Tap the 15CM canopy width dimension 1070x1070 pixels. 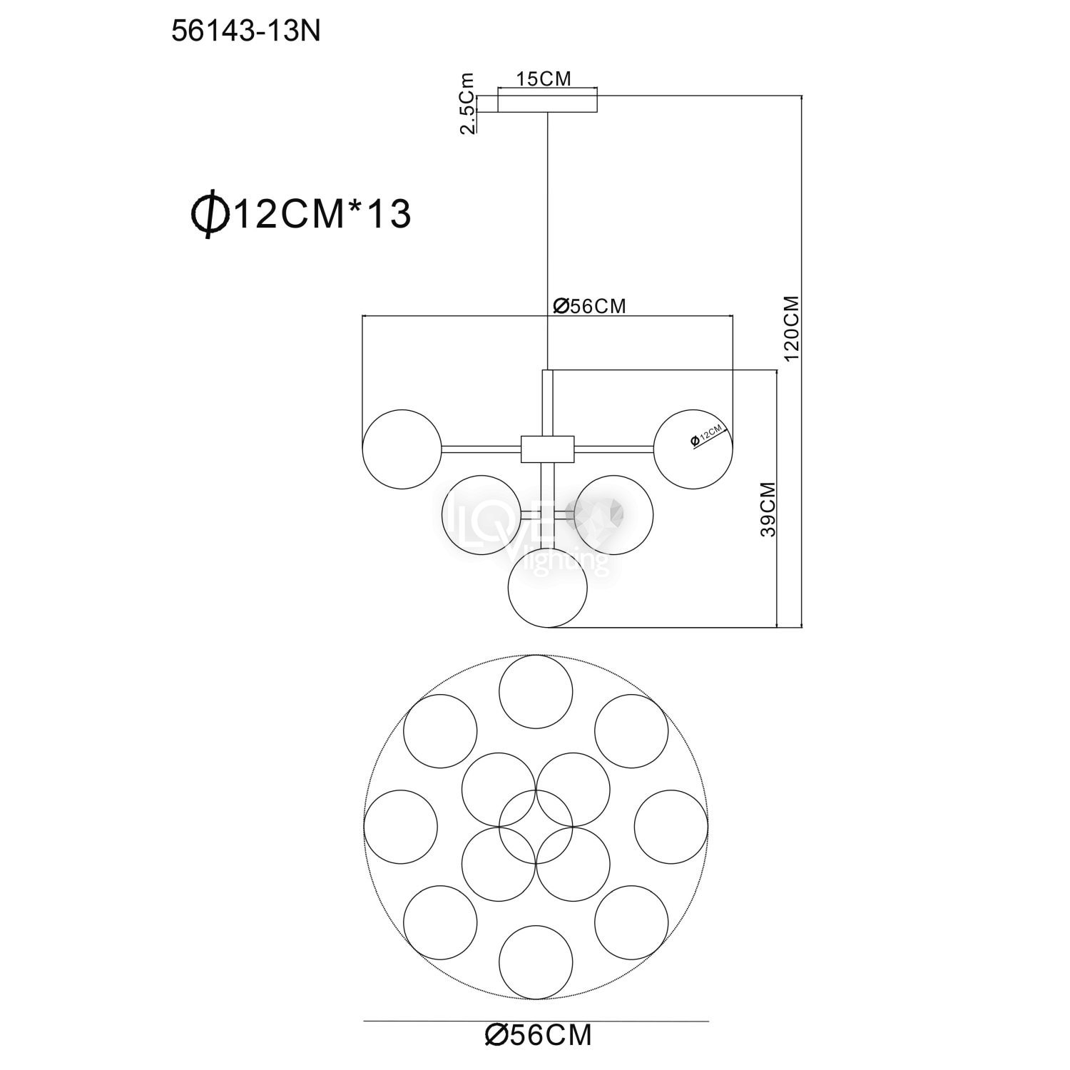(544, 79)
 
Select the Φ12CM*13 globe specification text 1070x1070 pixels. (300, 213)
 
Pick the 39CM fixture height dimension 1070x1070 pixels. (767, 509)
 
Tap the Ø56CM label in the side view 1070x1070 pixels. (590, 306)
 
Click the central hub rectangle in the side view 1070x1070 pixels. (547, 449)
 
